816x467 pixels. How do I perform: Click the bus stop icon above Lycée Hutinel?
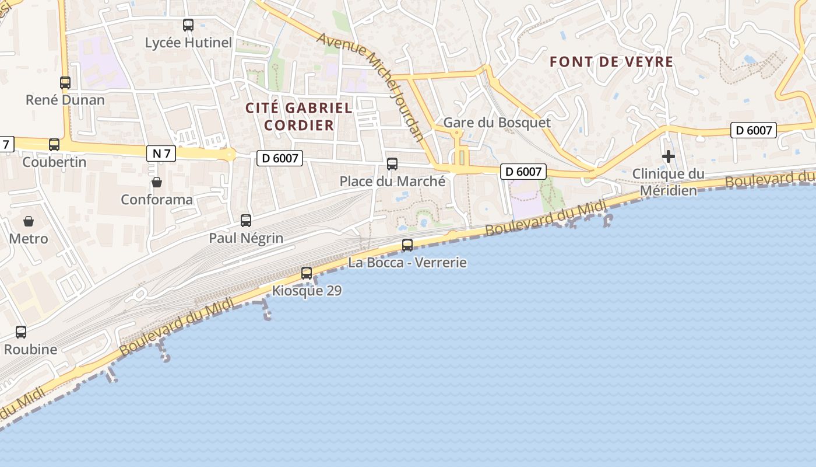pos(188,25)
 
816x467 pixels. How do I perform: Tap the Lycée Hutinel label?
pos(188,43)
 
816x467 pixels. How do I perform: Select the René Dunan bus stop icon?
pos(65,83)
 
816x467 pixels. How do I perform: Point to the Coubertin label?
pos(54,162)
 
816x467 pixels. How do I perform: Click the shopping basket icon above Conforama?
pos(157,183)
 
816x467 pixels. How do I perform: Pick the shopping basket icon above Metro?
pos(28,221)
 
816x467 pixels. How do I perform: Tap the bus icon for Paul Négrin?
pos(246,221)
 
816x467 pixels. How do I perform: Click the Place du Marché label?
pos(392,182)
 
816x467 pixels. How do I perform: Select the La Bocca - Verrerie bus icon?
pos(407,245)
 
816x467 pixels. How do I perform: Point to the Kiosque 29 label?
pos(307,290)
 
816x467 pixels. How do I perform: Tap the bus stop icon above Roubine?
pos(21,332)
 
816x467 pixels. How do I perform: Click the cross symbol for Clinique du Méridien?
pos(669,156)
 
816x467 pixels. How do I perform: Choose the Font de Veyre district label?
pos(611,62)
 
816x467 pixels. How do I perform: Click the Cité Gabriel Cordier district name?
pos(299,116)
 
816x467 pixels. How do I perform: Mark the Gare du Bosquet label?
pos(497,123)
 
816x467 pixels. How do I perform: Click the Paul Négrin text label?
pos(246,238)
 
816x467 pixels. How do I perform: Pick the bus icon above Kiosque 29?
pos(307,273)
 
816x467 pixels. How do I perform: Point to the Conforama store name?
pos(157,200)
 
